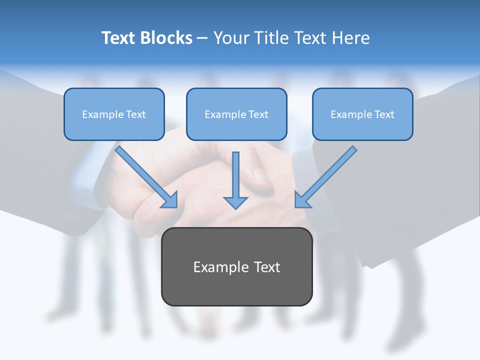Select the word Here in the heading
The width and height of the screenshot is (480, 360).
(350, 38)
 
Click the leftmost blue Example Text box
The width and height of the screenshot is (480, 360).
(114, 114)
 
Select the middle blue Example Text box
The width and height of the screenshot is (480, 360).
(236, 114)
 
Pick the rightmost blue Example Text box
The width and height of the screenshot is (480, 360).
(362, 114)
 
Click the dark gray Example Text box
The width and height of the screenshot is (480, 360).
(236, 266)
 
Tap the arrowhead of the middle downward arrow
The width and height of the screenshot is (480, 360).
(235, 202)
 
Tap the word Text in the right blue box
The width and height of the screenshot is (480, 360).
(384, 114)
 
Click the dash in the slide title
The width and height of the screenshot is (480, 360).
(202, 38)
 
